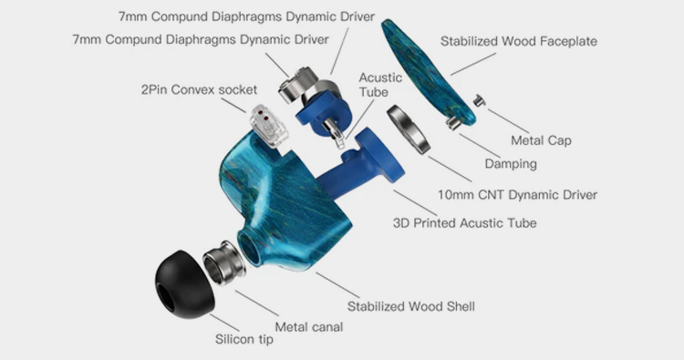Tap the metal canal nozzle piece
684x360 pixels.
tap(224, 262)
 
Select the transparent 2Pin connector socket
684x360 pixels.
tap(269, 126)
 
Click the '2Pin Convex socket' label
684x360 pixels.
tap(199, 90)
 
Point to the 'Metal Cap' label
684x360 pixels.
tap(541, 140)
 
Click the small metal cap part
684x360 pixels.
tap(480, 100)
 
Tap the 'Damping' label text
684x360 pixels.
tap(511, 164)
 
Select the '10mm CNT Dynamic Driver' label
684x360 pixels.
tap(517, 194)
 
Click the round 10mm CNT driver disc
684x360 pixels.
tap(409, 129)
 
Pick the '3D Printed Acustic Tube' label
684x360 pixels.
tap(464, 222)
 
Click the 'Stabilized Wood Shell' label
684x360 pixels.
tap(411, 306)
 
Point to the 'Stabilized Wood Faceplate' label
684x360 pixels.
tap(519, 41)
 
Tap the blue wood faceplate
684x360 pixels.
tap(428, 72)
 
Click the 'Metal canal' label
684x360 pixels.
tap(309, 327)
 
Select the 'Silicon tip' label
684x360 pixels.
tap(244, 339)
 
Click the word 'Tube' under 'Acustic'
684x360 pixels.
tap(374, 92)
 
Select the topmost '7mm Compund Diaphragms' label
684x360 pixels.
tap(246, 16)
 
